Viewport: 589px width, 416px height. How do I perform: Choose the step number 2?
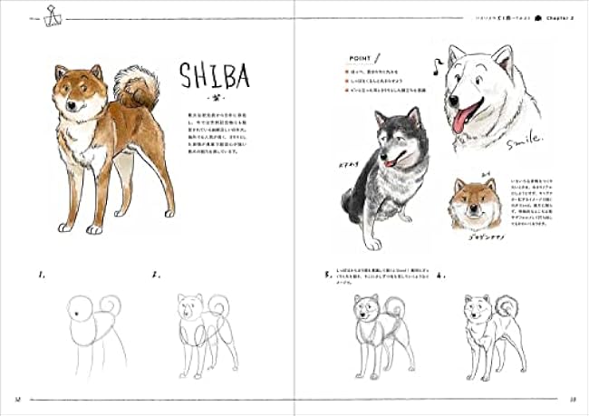click(x=156, y=274)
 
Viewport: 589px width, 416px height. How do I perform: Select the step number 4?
click(x=440, y=273)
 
